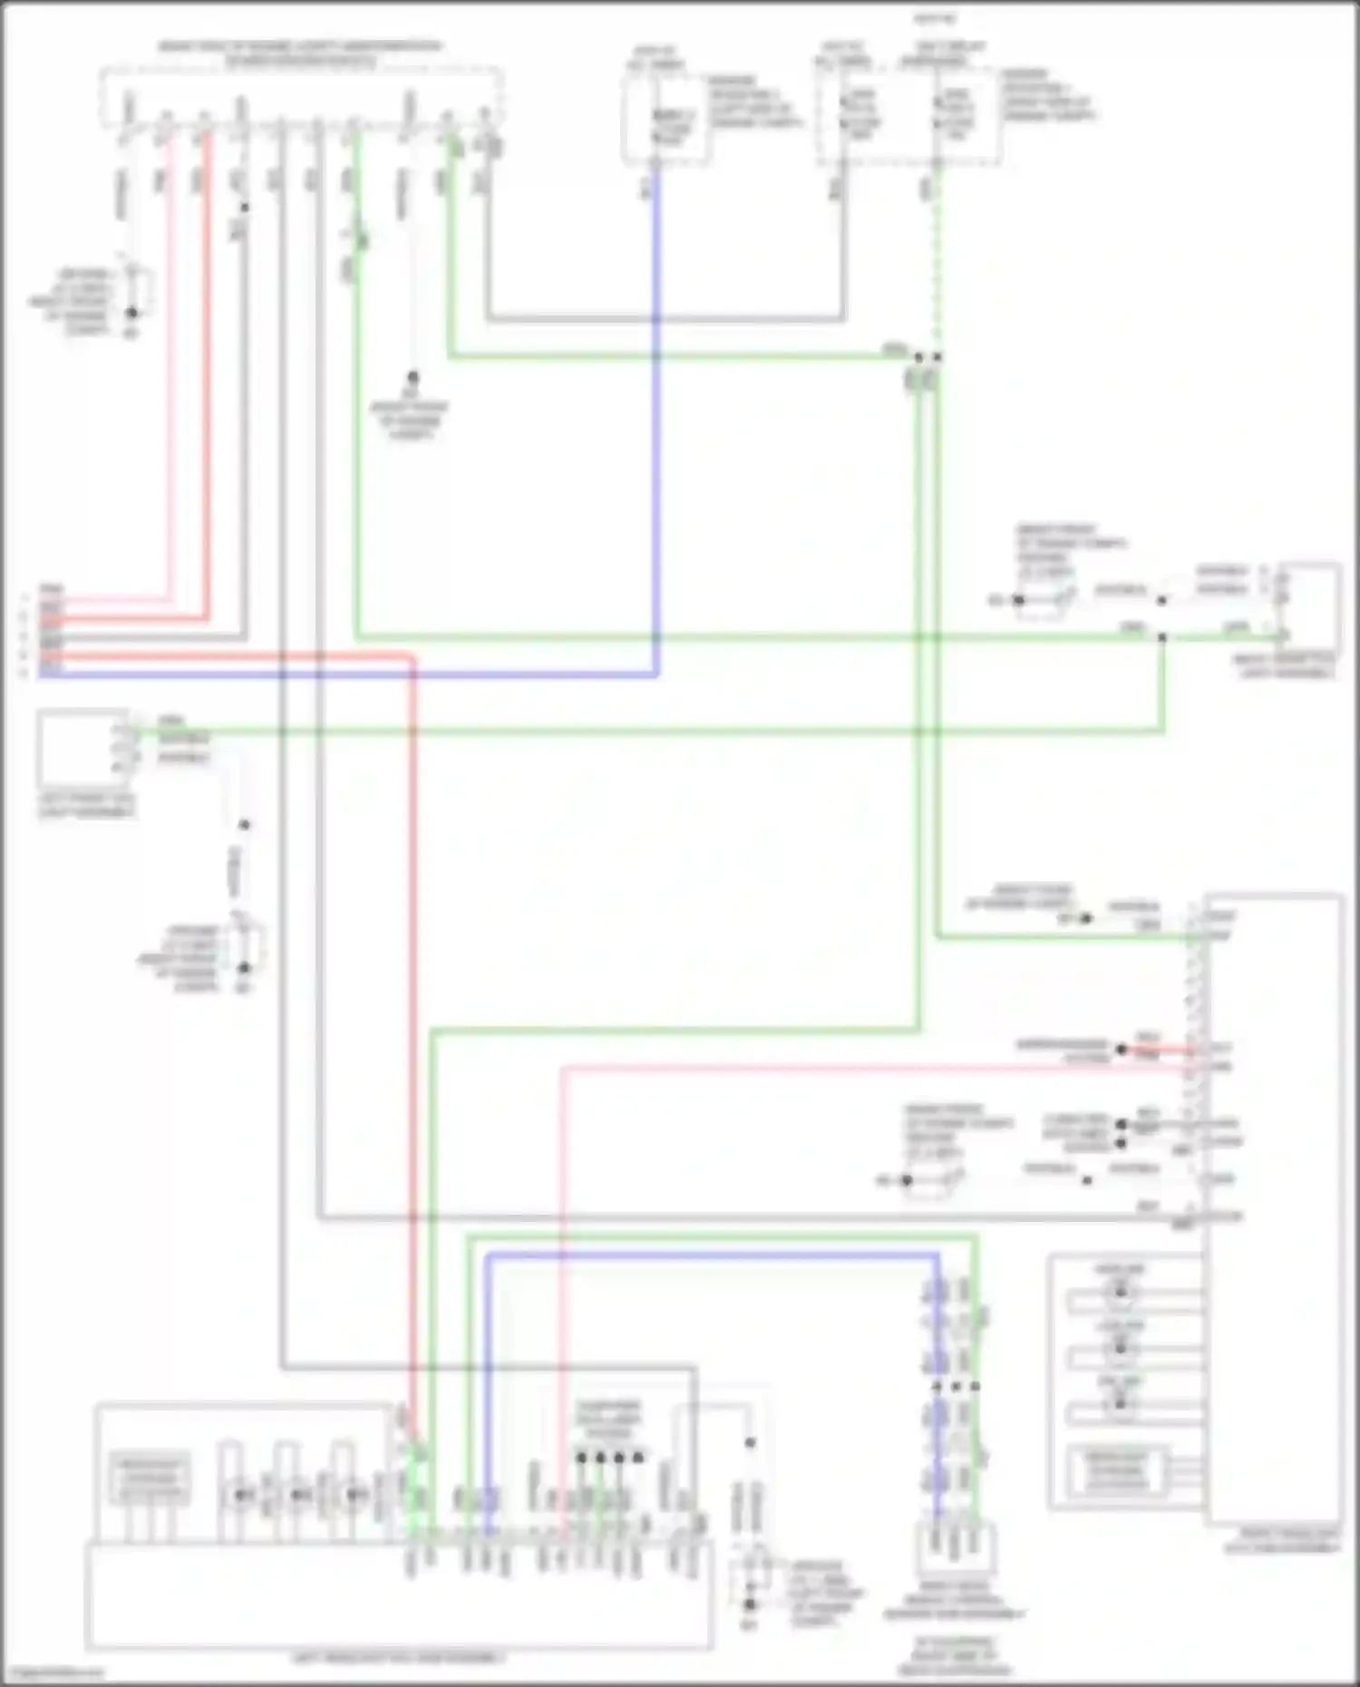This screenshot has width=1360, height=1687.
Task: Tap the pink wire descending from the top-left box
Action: tap(170, 363)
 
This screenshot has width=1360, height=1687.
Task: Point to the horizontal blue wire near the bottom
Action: tap(707, 1256)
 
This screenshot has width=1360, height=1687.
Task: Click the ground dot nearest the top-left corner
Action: tap(131, 313)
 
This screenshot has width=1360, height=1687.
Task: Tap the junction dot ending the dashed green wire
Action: tap(937, 357)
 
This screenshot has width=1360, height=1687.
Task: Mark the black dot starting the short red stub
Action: tap(1122, 1049)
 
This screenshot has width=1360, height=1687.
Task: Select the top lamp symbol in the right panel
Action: tap(1120, 1290)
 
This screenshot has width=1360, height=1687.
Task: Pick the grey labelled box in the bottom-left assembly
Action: tap(151, 1479)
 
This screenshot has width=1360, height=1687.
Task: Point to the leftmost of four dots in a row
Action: tap(581, 1458)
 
